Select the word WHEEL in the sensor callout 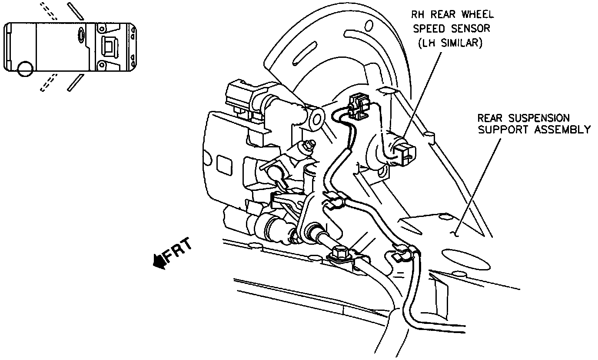(x=477, y=14)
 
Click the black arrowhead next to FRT (x=159, y=262)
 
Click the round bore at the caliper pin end (x=316, y=117)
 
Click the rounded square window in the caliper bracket (x=225, y=165)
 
